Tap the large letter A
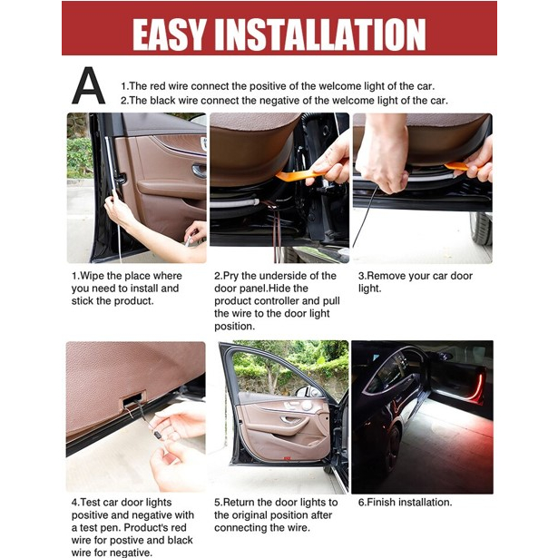click(x=88, y=88)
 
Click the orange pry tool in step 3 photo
click(x=459, y=166)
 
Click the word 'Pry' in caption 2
click(x=233, y=276)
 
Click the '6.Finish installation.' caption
click(x=405, y=502)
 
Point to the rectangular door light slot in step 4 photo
click(x=132, y=396)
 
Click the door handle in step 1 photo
click(x=199, y=169)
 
